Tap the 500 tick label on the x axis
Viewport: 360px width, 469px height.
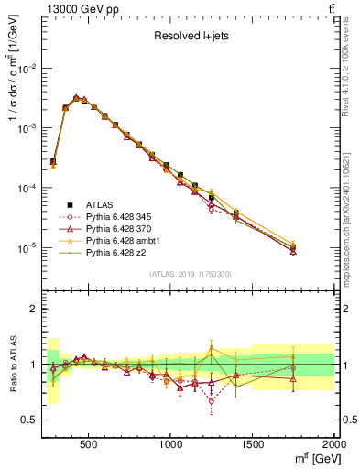point(89,446)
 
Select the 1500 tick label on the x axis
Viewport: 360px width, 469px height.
point(252,446)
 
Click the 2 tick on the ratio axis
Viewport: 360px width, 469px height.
point(35,309)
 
